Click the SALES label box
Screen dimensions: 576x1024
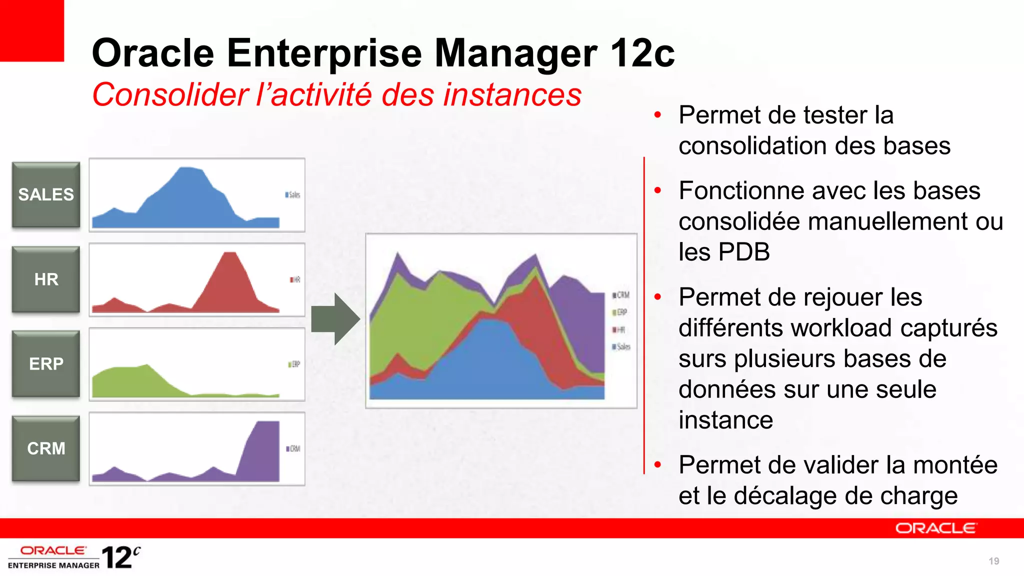[46, 194]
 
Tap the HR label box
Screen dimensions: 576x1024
[46, 279]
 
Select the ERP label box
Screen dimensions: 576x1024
[46, 363]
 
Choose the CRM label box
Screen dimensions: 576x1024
[46, 448]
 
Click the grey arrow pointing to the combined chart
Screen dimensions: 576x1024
[335, 319]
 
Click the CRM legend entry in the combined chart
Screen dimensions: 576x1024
[621, 295]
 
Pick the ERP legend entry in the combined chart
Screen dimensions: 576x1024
[620, 312]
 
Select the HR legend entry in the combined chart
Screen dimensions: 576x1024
[619, 330]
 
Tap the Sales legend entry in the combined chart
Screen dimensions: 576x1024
[621, 347]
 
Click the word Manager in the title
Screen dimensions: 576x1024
[515, 53]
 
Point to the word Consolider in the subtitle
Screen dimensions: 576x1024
[170, 94]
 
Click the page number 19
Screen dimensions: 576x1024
[993, 561]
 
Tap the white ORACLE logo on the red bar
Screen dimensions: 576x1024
[935, 528]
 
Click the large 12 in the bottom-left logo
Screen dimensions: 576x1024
[117, 558]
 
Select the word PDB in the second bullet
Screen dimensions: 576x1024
[745, 252]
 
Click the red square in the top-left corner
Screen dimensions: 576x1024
[31, 30]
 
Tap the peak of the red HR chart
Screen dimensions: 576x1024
[229, 254]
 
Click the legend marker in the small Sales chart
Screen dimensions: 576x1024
[287, 194]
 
